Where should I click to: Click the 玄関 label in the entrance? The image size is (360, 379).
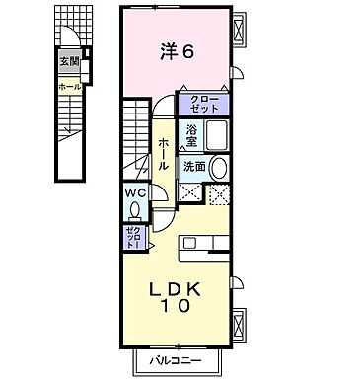68,62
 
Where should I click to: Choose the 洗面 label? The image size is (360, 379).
193,167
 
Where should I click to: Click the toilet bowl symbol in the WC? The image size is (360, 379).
135,208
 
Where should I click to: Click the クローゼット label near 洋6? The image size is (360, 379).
203,103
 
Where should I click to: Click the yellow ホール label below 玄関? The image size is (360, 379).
68,87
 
